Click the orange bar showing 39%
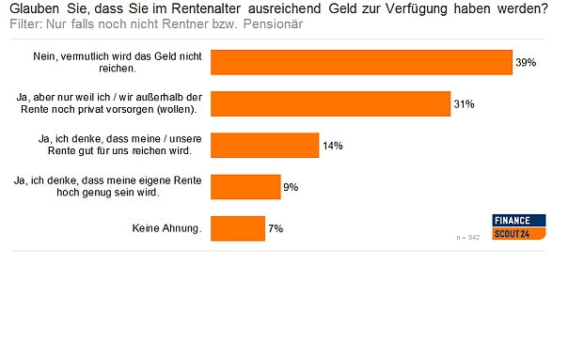(361, 62)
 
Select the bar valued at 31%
(330, 103)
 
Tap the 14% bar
(265, 145)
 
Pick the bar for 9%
(245, 186)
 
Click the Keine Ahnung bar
(238, 227)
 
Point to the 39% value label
(525, 63)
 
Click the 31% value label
(463, 104)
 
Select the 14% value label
(332, 146)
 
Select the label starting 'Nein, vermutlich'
(123, 62)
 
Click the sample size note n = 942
(467, 237)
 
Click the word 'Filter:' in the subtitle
(26, 23)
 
